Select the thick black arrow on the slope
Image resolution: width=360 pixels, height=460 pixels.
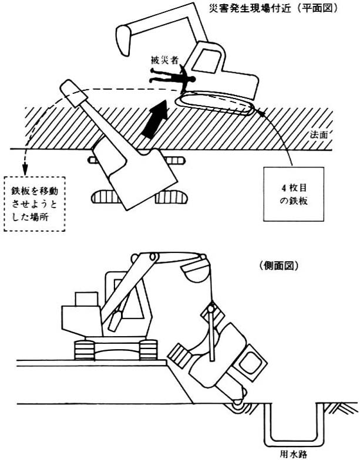coord(156,119)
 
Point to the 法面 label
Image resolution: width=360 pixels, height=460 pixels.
coord(318,135)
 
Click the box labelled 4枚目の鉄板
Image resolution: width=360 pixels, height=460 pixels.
coord(294,194)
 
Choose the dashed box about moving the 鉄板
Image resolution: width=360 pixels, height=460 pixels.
coord(35,204)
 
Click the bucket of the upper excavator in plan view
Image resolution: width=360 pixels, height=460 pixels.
coord(123,40)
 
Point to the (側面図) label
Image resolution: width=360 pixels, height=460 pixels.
coord(279,265)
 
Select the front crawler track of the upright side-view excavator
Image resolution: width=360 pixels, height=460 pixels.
coord(148,350)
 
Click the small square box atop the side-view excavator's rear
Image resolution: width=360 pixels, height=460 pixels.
coord(87,299)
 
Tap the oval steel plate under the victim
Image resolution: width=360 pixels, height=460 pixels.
coord(215,104)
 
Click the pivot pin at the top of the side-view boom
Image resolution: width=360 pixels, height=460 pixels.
coord(153,256)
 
